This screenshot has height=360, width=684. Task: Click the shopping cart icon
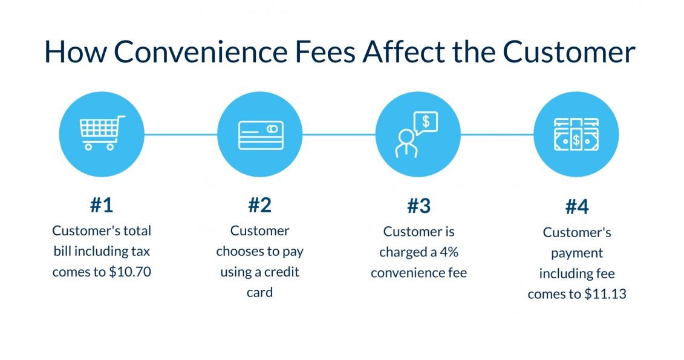coord(101,134)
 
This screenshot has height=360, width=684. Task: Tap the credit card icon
coord(259,134)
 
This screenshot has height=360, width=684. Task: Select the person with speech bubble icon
coord(417,134)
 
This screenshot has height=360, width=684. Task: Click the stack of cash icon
coord(576,134)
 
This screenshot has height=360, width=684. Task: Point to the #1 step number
coord(102,206)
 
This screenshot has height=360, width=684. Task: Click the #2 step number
coord(259,206)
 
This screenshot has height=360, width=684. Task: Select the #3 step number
coord(418,206)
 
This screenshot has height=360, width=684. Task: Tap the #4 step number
coord(576,208)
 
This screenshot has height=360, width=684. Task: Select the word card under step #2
coord(259,292)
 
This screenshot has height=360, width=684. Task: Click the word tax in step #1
coord(138,251)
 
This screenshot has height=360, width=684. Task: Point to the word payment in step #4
coord(576,253)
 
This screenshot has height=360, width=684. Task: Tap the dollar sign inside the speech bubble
coord(425,121)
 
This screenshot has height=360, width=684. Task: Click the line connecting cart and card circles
coord(180,134)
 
